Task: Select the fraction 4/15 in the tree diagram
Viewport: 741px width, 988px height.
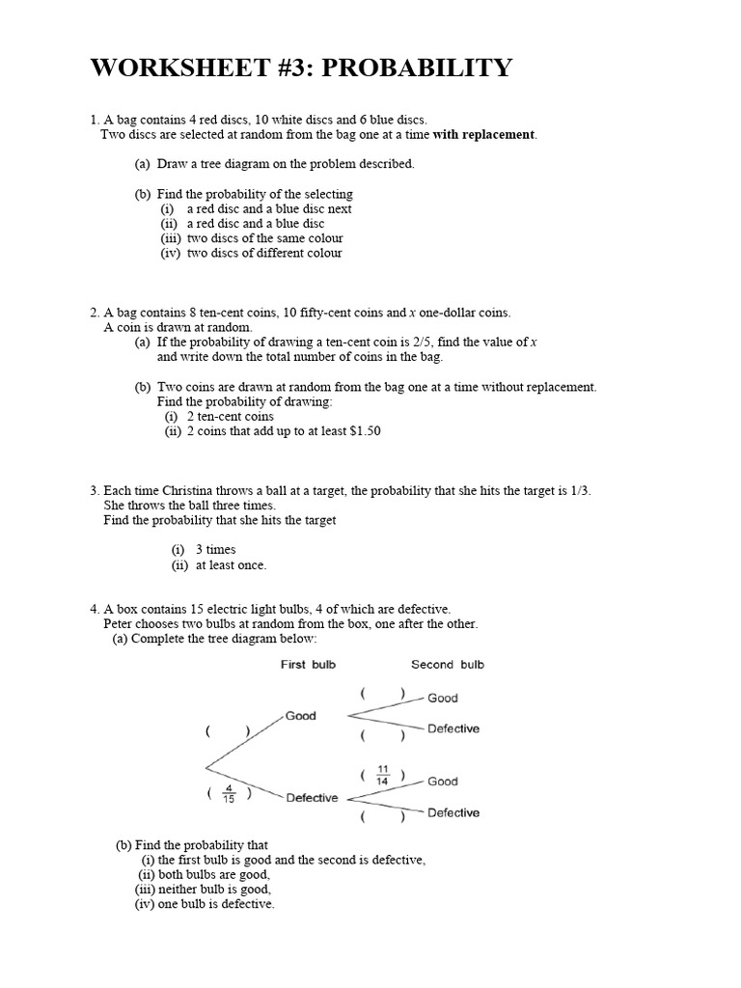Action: click(228, 794)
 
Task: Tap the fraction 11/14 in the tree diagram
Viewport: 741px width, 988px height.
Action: click(381, 776)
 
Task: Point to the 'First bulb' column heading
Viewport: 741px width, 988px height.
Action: click(308, 665)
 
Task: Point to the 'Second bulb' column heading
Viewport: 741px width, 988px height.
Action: click(448, 665)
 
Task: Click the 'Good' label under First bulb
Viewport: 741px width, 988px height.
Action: click(301, 716)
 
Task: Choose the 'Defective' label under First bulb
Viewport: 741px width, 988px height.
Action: click(312, 798)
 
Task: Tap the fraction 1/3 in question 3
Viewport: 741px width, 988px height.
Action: click(578, 490)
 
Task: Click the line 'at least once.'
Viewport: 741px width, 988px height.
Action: click(231, 564)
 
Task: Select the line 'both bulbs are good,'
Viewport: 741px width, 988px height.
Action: click(214, 875)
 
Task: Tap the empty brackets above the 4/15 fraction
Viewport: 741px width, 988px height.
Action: click(228, 732)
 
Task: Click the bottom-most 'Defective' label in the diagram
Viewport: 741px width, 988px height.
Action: click(453, 813)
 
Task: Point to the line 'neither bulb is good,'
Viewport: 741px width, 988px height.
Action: click(216, 890)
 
